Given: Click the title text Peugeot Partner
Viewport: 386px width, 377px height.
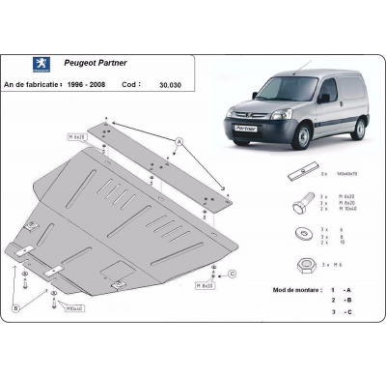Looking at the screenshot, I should point(103,64).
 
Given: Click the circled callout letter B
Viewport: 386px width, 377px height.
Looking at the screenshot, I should point(16,309).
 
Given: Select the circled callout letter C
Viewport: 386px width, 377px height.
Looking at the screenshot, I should point(233,275).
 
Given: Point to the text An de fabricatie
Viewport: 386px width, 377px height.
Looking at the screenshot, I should point(32,84).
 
